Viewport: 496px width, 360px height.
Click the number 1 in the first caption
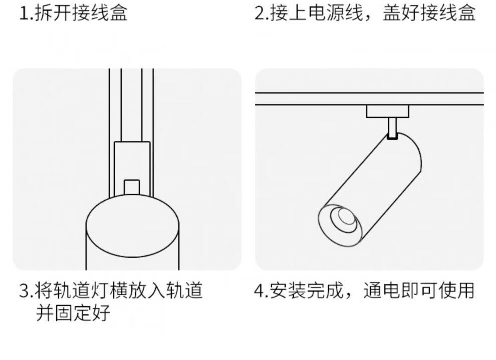pos(23,13)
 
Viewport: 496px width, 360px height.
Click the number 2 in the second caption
pos(260,13)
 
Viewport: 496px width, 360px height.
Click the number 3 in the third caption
pos(24,290)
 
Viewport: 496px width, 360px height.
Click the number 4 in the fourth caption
pos(259,290)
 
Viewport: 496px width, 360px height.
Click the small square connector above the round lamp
pos(131,187)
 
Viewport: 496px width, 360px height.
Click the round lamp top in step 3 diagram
pos(132,220)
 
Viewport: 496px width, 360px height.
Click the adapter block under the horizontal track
pos(388,111)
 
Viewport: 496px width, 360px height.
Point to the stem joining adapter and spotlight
pos(393,128)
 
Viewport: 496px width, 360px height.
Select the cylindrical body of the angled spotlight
pos(381,180)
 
